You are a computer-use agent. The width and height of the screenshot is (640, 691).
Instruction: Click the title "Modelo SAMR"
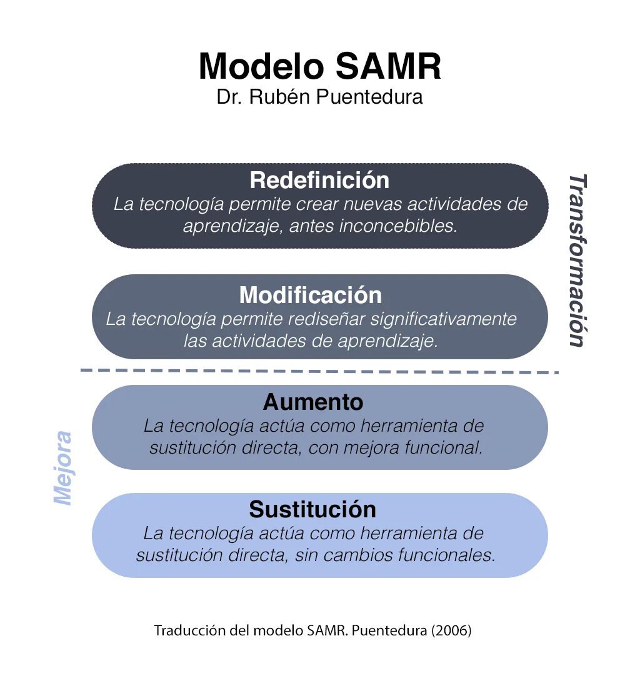pyautogui.click(x=319, y=67)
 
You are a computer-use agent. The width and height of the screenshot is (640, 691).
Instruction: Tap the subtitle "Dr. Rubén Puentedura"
pyautogui.click(x=319, y=97)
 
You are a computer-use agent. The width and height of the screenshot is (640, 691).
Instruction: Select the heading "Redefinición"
pyautogui.click(x=319, y=181)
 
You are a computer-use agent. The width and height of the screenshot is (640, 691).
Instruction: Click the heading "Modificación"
pyautogui.click(x=310, y=295)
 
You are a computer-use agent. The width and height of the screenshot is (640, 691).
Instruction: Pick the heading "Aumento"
pyautogui.click(x=313, y=402)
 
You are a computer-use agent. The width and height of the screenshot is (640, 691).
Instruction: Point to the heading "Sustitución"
pyautogui.click(x=312, y=510)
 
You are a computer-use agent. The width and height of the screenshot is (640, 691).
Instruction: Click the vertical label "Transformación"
pyautogui.click(x=577, y=260)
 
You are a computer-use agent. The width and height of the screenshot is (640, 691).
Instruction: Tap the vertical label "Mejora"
pyautogui.click(x=62, y=468)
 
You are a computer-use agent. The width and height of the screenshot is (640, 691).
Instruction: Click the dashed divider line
pyautogui.click(x=319, y=371)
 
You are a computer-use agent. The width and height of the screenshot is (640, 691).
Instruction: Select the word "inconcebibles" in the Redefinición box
pyautogui.click(x=398, y=226)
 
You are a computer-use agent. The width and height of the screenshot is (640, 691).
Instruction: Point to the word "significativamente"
pyautogui.click(x=444, y=319)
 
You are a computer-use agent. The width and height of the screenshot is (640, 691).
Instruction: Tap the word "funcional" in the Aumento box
pyautogui.click(x=443, y=448)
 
